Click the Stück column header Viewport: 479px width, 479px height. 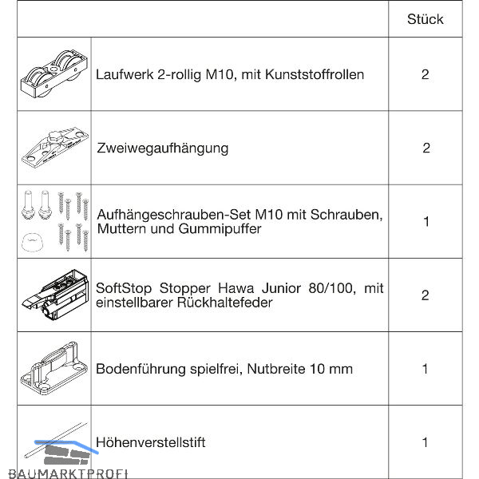click(425, 19)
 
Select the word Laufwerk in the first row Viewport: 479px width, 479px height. click(125, 74)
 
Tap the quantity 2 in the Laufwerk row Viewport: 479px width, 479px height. click(425, 74)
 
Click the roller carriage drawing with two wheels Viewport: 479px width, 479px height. click(54, 74)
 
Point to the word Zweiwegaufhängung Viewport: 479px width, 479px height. click(163, 148)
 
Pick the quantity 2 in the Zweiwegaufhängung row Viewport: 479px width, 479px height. click(426, 148)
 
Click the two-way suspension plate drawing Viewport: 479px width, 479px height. click(55, 148)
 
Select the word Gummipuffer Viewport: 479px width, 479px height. click(220, 229)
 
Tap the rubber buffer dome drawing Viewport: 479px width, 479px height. click(33, 242)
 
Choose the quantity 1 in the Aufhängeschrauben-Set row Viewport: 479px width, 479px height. click(426, 222)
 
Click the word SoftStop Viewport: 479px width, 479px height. click(124, 289)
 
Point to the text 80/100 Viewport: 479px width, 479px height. click(332, 288)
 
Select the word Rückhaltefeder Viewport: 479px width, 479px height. click(224, 303)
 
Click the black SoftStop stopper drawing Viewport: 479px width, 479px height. click(55, 294)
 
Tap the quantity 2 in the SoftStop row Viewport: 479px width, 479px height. click(425, 295)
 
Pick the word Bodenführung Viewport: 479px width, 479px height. click(141, 369)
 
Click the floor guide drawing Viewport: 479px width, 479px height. click(54, 369)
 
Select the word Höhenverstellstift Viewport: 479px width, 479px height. click(151, 442)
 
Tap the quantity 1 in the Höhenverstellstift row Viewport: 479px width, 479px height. click(425, 442)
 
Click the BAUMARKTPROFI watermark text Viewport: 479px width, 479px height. click(68, 473)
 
